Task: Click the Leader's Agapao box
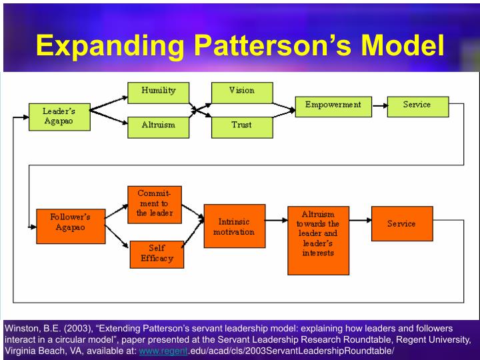(x=58, y=116)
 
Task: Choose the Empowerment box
(x=333, y=106)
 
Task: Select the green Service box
(x=417, y=106)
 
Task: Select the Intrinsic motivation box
(x=234, y=226)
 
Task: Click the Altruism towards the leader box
(x=318, y=239)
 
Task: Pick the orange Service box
(x=401, y=224)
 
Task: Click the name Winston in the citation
(x=22, y=328)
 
